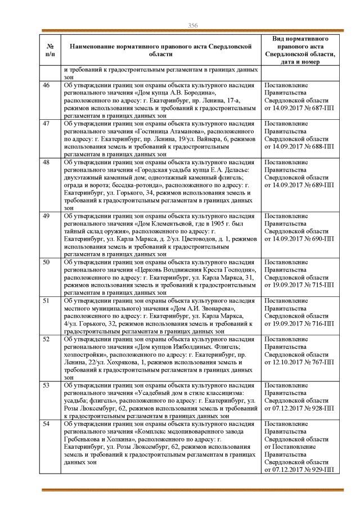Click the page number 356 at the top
(192, 25)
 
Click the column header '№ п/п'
(49, 49)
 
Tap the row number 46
(46, 85)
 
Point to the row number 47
(46, 123)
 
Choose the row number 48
(46, 161)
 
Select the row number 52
(46, 339)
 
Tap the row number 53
(46, 385)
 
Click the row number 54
(46, 424)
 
